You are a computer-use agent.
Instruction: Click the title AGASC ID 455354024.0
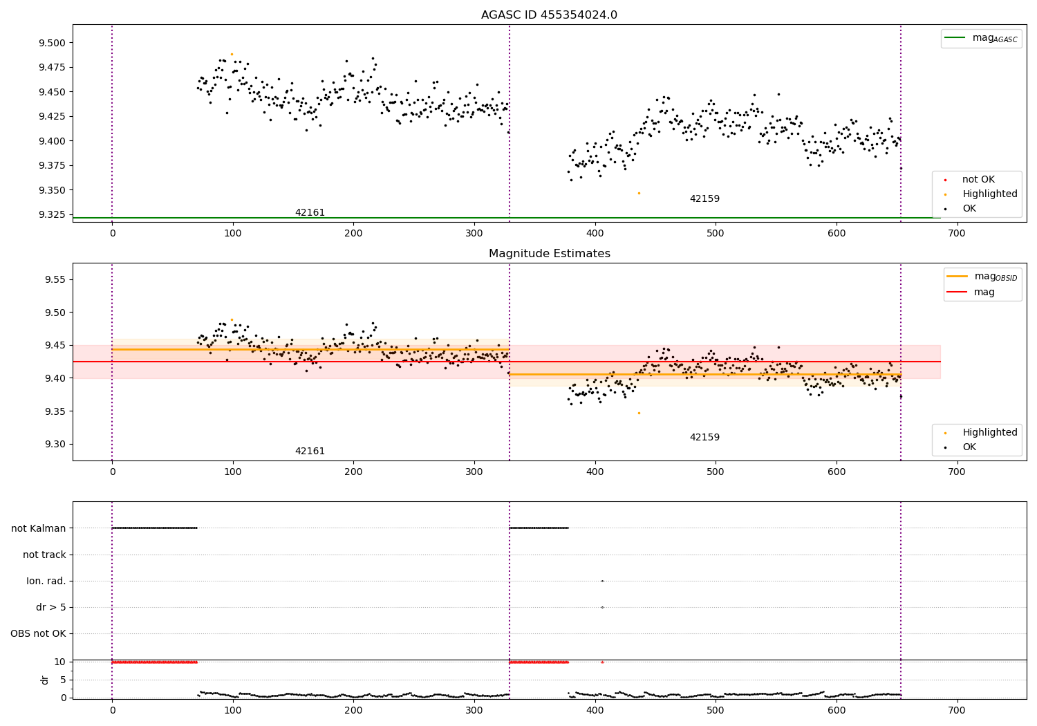click(549, 15)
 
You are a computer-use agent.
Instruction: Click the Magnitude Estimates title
click(549, 254)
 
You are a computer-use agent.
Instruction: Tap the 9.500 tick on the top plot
click(53, 43)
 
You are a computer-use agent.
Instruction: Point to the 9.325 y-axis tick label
click(53, 214)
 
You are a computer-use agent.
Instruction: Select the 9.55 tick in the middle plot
click(55, 279)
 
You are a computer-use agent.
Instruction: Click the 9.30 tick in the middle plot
click(55, 445)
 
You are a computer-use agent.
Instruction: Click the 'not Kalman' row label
click(39, 528)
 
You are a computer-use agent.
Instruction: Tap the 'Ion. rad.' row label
click(46, 581)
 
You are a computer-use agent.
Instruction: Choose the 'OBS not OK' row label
click(38, 633)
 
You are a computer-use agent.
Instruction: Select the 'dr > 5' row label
click(51, 607)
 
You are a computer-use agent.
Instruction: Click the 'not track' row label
click(44, 555)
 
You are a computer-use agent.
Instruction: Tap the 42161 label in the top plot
click(310, 213)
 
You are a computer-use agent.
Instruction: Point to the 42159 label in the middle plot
click(704, 438)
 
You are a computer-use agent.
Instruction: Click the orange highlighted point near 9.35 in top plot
click(639, 193)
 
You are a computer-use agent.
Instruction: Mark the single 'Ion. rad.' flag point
click(602, 581)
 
